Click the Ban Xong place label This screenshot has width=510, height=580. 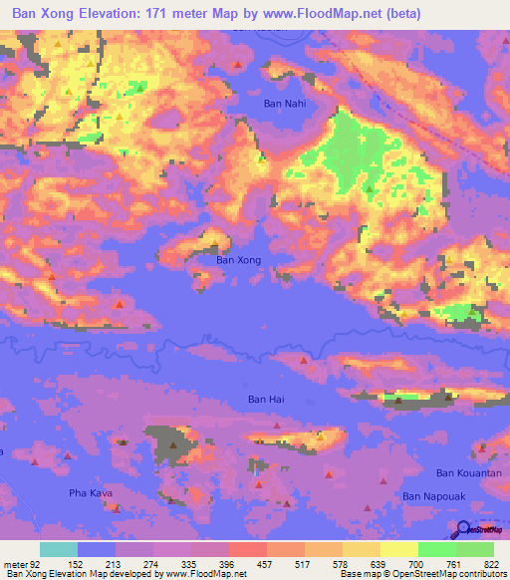coord(239,259)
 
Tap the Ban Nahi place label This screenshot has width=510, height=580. coord(283,104)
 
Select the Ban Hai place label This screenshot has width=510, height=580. coord(266,399)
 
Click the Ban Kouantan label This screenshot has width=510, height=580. coord(465,471)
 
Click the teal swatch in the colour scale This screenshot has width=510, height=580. coord(59,549)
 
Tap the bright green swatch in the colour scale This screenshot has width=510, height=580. coord(437,549)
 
